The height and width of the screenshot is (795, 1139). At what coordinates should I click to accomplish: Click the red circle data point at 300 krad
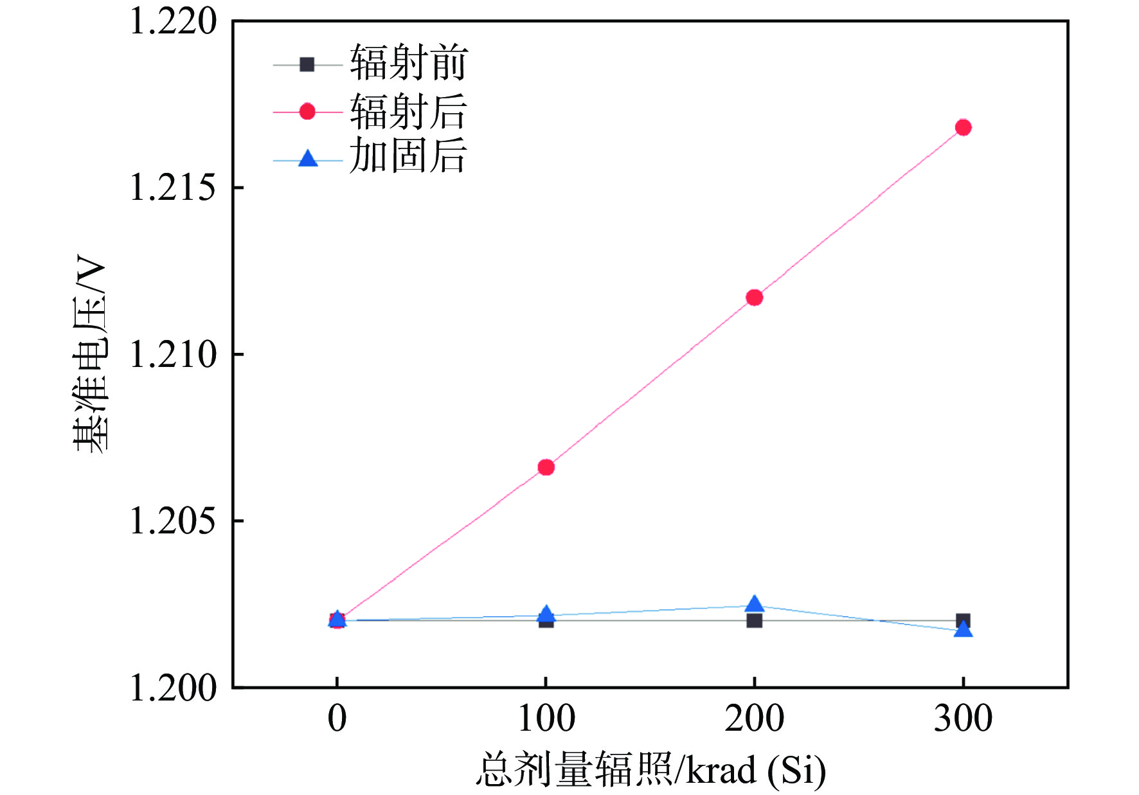coord(962,127)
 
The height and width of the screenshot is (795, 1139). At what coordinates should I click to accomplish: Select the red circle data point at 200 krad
coord(754,297)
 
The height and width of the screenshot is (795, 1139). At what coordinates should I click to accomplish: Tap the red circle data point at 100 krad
coord(546,467)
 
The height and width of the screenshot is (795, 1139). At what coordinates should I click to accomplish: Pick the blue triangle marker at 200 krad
coord(754,604)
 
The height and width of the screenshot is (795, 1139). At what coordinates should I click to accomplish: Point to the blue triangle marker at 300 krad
coord(962,629)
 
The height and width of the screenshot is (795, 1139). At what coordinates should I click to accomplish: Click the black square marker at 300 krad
coord(963,620)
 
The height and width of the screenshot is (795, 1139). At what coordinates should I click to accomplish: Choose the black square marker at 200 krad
coord(754,621)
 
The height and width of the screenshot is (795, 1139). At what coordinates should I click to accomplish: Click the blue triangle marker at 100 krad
coord(546,613)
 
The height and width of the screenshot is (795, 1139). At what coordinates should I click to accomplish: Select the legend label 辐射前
coord(408,63)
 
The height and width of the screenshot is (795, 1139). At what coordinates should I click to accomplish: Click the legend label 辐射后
coord(408,111)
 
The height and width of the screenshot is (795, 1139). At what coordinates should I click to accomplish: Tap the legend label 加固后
coord(408,156)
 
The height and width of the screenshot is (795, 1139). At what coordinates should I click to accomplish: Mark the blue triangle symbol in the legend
coord(308,159)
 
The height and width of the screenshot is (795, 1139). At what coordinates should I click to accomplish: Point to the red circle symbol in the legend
coord(307,112)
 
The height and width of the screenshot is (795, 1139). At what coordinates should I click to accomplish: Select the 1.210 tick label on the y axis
coord(173,354)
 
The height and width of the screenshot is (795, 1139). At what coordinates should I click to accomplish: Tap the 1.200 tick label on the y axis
coord(173,688)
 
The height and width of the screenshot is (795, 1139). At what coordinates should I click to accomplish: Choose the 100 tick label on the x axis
coord(546,719)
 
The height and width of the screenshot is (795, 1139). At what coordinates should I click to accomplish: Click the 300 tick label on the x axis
coord(962,719)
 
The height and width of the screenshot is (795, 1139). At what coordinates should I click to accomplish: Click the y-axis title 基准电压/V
coord(89,354)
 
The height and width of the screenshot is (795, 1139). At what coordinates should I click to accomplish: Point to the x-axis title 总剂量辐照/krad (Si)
coord(650,769)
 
